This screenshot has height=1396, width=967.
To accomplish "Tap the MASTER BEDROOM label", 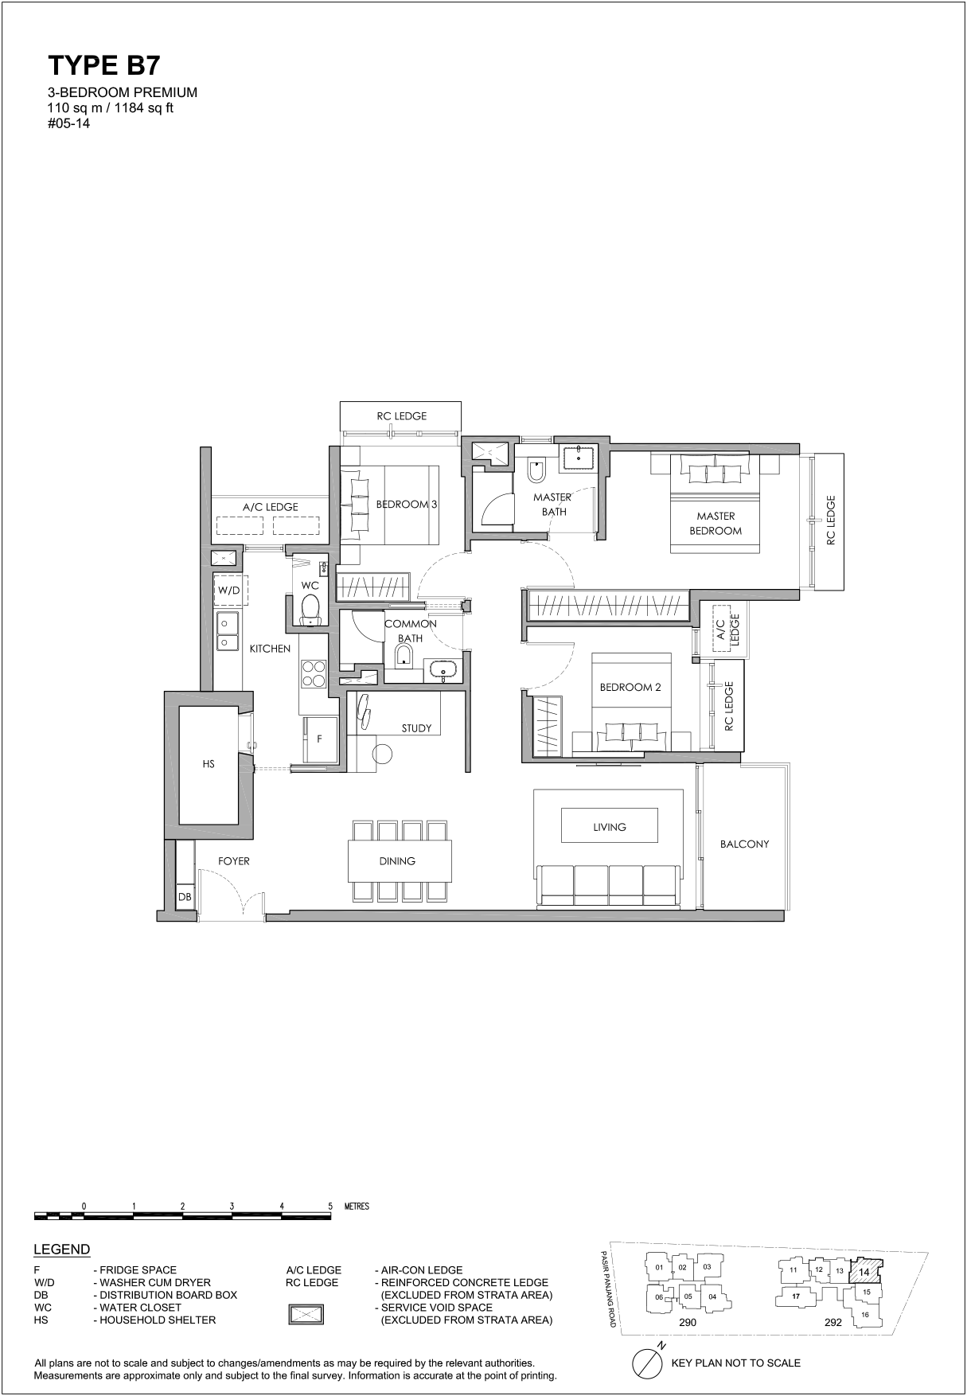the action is [x=716, y=523].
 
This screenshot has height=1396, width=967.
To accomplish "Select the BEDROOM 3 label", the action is [x=407, y=504].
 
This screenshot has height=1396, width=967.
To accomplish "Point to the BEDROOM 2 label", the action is [x=630, y=687].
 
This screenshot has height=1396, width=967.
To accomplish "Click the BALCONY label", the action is [x=744, y=844].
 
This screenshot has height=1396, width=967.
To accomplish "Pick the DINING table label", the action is [x=397, y=860].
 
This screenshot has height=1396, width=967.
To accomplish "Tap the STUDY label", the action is [x=416, y=728].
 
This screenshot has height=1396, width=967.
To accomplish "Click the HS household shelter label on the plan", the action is [x=209, y=764].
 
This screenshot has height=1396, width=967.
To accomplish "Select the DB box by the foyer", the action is [x=185, y=897].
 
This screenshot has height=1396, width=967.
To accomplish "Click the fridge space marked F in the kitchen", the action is [x=319, y=739].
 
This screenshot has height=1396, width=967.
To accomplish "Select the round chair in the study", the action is [x=383, y=754].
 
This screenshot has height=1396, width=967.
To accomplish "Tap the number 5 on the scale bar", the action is [x=330, y=1206].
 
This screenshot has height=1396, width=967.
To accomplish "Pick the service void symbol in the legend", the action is [x=306, y=1313].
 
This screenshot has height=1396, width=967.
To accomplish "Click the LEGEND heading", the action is [x=62, y=1250].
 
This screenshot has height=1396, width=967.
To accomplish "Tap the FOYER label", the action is [x=234, y=860].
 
